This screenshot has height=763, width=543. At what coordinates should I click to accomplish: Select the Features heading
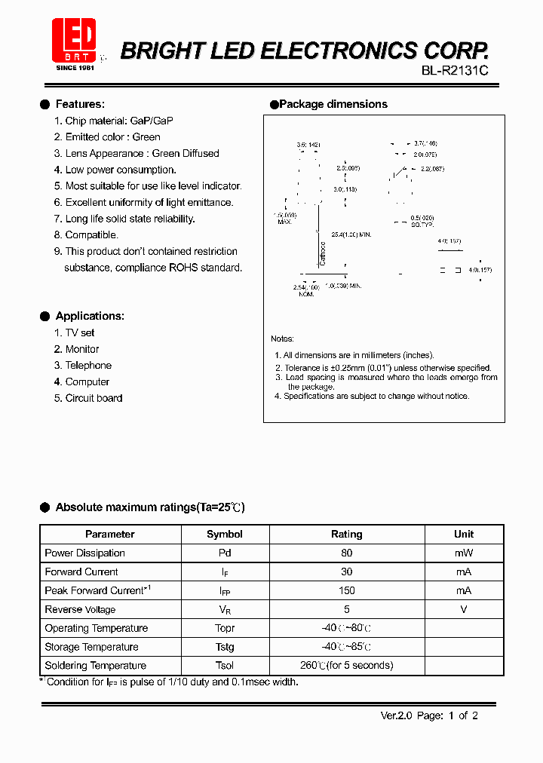pos(80,104)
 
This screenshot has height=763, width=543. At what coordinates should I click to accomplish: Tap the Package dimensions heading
pos(333,104)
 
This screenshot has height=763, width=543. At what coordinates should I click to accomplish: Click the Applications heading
pos(89,316)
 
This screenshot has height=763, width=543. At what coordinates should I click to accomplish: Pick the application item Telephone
pos(88,365)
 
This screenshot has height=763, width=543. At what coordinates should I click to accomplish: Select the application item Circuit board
pos(94,398)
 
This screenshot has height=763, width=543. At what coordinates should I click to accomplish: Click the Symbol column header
pos(225,534)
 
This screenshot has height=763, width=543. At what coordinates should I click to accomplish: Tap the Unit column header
pos(464,534)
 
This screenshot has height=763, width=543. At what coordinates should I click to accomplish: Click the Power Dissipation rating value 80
pos(346,553)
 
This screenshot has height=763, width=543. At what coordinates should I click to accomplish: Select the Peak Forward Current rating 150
pos(346,590)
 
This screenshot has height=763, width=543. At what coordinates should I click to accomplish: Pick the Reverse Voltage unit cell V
pos(464,609)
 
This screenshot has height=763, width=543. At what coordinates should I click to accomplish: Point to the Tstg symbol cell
pos(225,647)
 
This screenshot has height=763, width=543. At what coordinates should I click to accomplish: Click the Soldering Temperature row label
pos(95,665)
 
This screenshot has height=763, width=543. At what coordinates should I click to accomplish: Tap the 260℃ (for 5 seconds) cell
pos(346,665)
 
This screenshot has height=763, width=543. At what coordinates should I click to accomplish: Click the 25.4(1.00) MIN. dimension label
pos(351,234)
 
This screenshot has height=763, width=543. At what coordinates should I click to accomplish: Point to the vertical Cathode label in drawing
pos(322,253)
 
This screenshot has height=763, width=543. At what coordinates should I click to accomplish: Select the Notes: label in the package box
pos(282,339)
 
